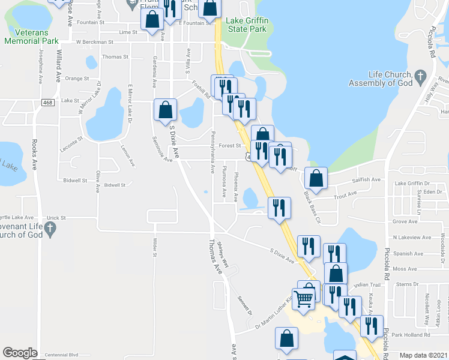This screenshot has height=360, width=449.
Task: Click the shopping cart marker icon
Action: click(x=304, y=297)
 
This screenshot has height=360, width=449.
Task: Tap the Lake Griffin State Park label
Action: click(x=246, y=24)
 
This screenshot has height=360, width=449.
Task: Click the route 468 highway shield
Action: click(x=49, y=103)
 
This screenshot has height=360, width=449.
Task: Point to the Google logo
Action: click(x=20, y=353)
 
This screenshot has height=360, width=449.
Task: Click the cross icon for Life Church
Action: click(x=420, y=76)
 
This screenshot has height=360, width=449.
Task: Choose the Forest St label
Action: click(x=229, y=145)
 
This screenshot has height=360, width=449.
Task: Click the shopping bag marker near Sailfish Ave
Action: click(x=316, y=178)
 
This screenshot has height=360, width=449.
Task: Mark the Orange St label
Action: click(x=77, y=78)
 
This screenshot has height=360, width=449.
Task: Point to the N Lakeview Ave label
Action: click(x=412, y=238)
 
